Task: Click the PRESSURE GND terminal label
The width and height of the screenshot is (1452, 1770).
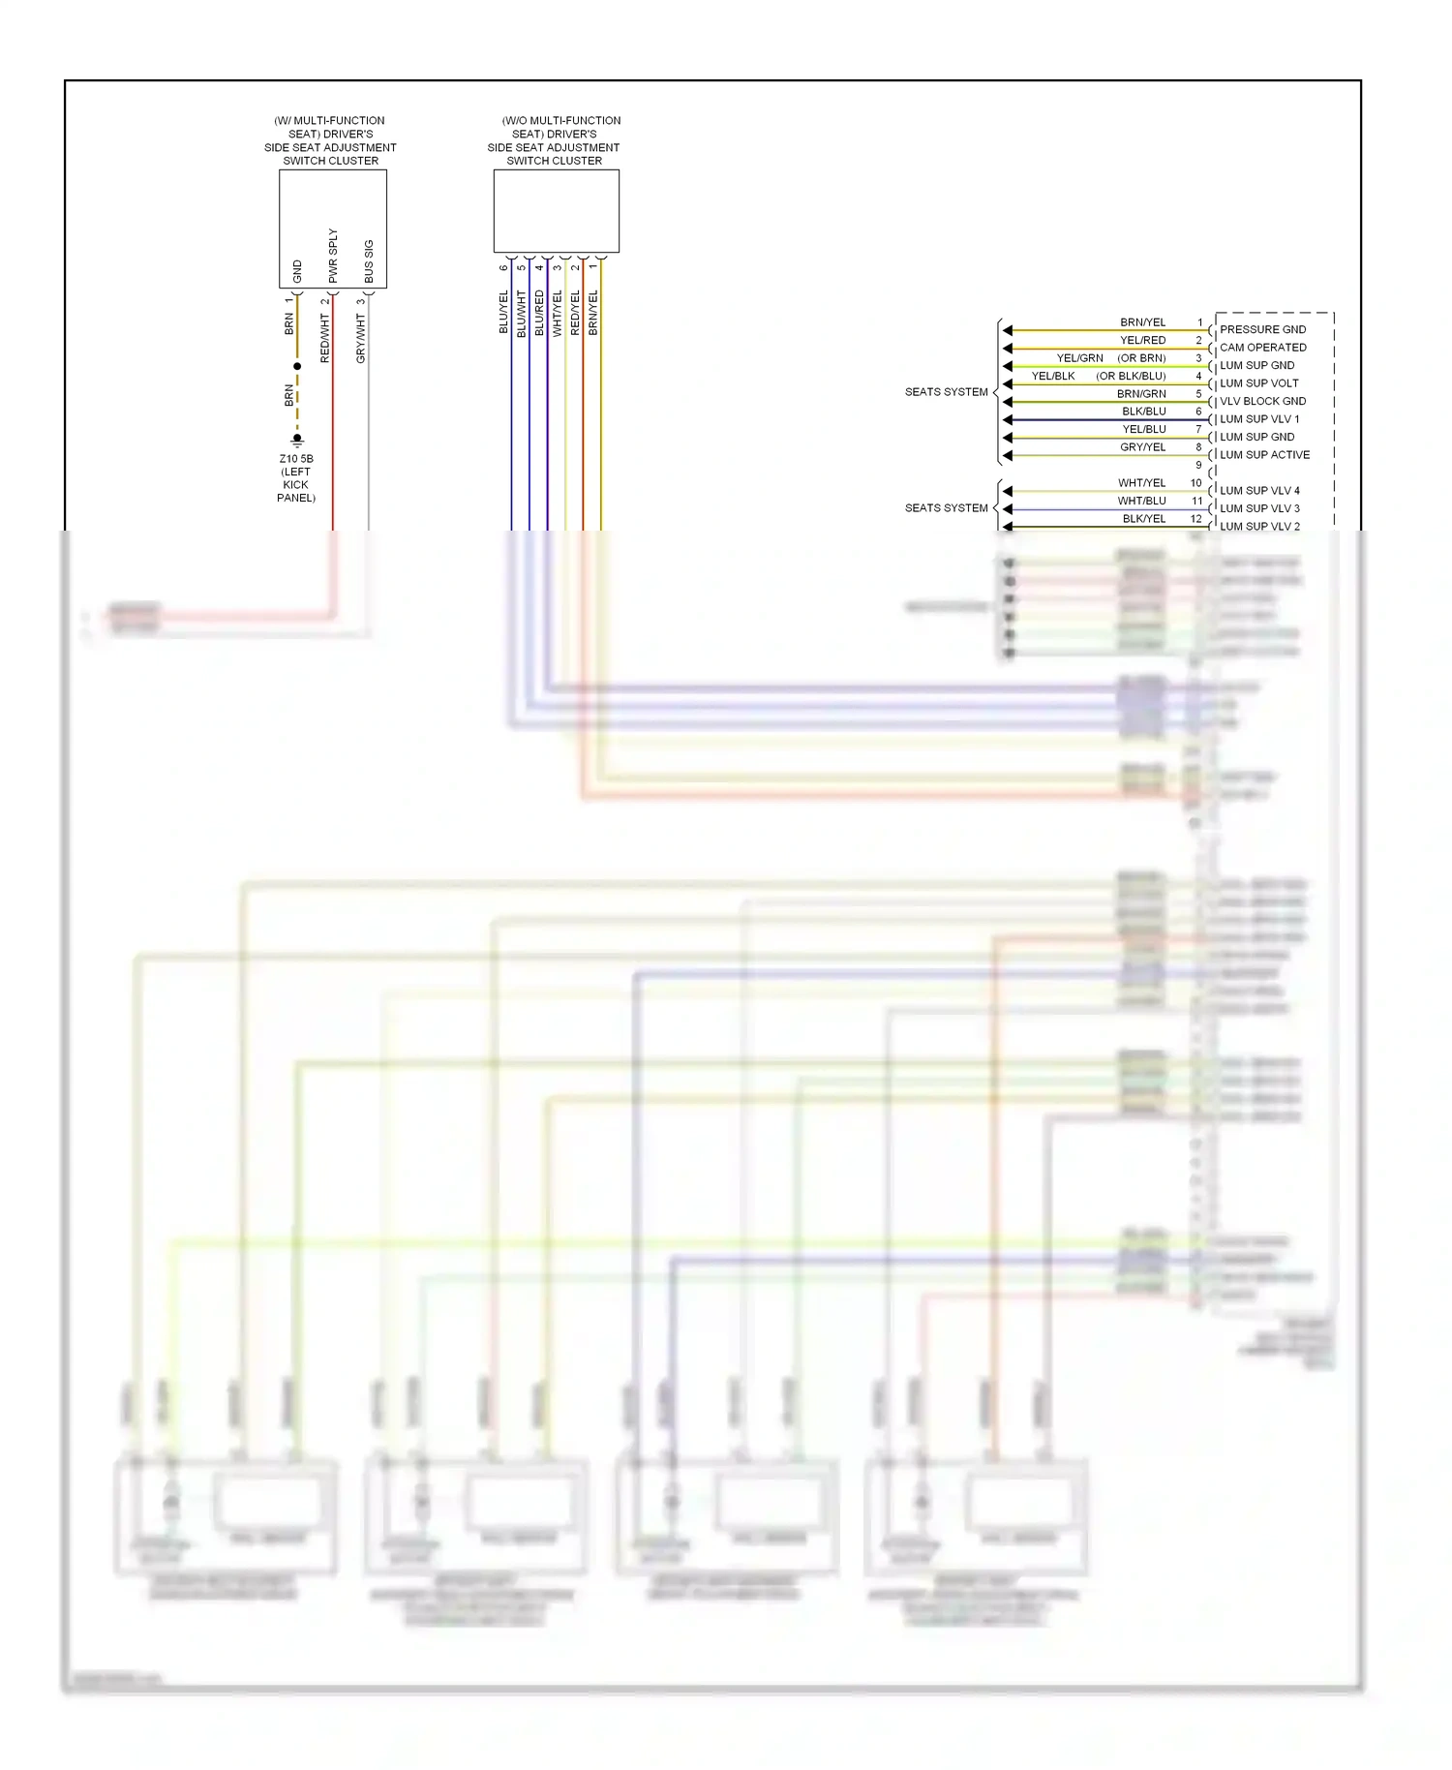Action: click(x=1262, y=329)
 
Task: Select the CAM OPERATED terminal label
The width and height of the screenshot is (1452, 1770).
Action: click(x=1262, y=348)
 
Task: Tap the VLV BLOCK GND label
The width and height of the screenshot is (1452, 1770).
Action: click(x=1262, y=401)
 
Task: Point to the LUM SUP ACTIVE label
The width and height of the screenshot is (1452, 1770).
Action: click(x=1264, y=455)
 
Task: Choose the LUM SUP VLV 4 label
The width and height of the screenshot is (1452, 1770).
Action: click(x=1259, y=491)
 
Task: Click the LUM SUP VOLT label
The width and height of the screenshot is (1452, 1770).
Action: click(x=1258, y=383)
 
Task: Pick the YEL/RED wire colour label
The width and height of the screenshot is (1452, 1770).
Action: click(x=1142, y=341)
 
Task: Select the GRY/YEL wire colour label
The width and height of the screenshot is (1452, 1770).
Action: click(x=1142, y=447)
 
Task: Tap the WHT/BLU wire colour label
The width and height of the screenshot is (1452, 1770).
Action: click(x=1141, y=501)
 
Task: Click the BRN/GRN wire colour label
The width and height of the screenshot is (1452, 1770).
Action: click(x=1141, y=394)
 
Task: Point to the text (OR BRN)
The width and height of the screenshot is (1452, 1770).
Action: click(x=1141, y=358)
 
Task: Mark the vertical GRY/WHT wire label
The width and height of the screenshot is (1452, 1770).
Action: click(x=361, y=339)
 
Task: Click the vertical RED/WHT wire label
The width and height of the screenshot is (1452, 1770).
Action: click(x=325, y=339)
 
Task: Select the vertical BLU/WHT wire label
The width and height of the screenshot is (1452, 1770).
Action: click(x=521, y=313)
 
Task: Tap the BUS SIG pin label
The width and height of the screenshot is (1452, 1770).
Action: click(x=369, y=261)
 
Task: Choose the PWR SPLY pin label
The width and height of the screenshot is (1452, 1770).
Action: click(x=333, y=256)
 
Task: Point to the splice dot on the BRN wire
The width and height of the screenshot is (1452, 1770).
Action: click(x=297, y=366)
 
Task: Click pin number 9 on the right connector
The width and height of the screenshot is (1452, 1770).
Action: click(x=1198, y=465)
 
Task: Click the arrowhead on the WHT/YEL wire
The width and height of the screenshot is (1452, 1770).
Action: click(x=1008, y=491)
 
